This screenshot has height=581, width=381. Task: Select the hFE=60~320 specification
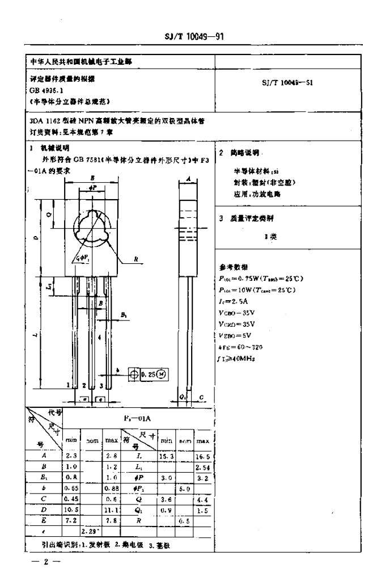tap(240, 346)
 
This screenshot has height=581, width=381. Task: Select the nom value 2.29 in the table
tap(89, 532)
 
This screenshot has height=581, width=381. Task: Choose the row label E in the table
tap(44, 520)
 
